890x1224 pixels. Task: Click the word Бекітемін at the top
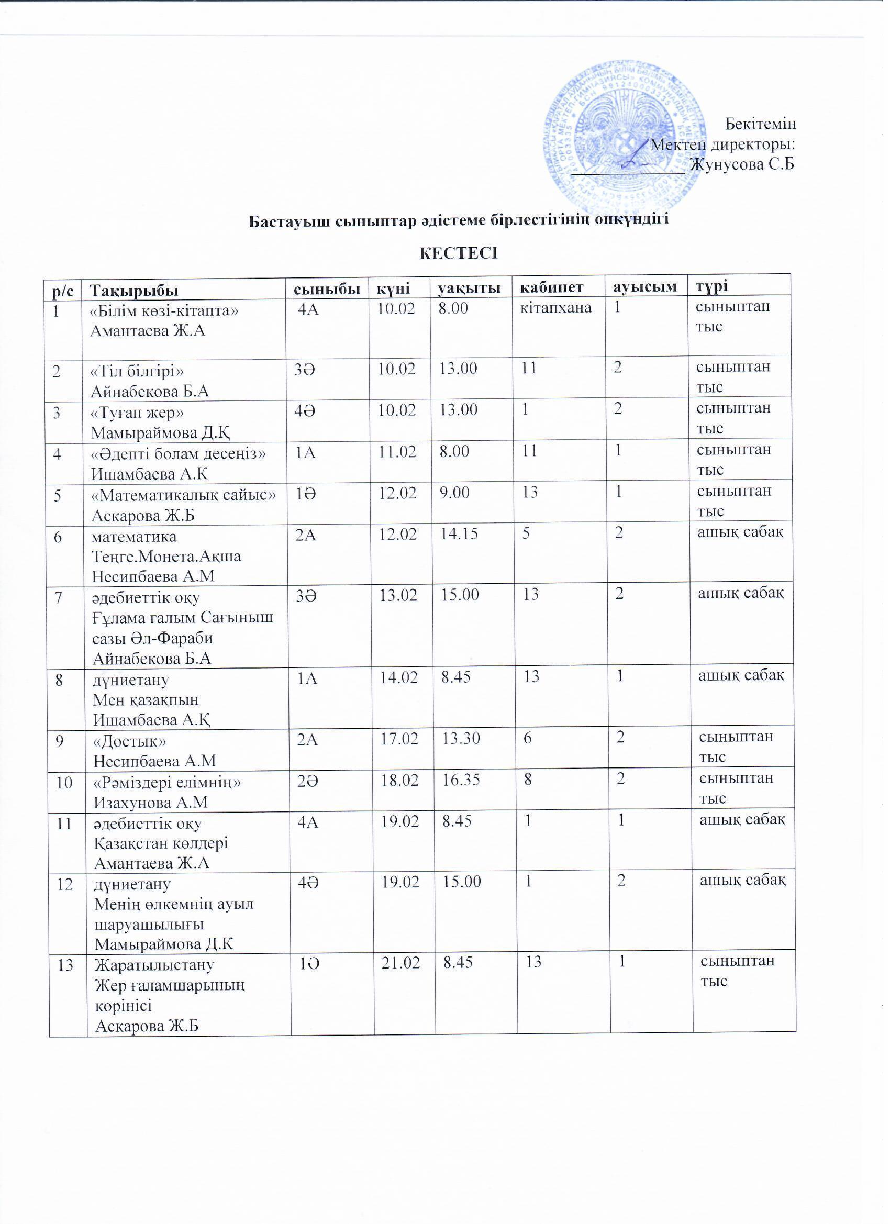pos(760,124)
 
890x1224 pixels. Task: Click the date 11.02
pos(398,451)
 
